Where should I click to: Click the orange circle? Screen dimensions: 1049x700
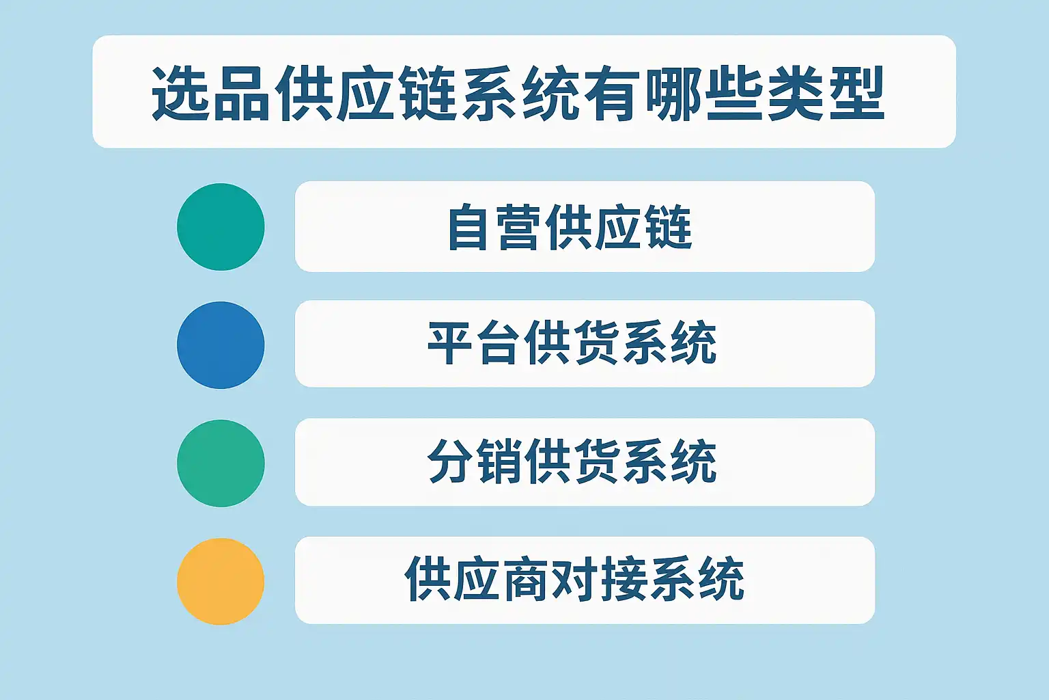(221, 581)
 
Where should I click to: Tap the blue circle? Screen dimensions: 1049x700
(221, 345)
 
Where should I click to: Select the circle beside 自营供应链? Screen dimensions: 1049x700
(221, 227)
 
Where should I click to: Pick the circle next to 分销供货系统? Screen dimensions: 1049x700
(221, 463)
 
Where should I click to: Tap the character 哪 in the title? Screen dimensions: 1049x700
(674, 93)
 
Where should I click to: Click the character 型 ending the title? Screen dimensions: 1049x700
(857, 93)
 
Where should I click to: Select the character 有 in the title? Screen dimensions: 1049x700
(612, 93)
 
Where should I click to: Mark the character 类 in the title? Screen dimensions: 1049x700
(796, 93)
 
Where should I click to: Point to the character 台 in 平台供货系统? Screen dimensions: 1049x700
(499, 342)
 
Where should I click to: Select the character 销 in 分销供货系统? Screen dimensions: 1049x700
(499, 461)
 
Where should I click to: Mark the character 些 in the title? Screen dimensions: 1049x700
(735, 93)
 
